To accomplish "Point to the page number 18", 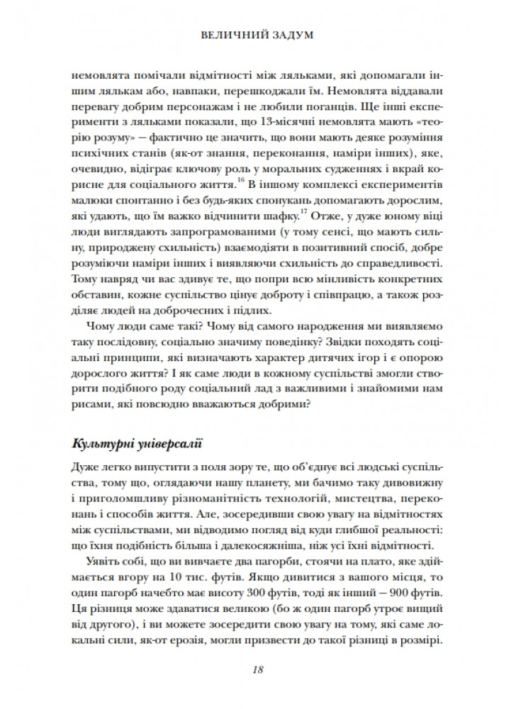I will pyautogui.click(x=257, y=669).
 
